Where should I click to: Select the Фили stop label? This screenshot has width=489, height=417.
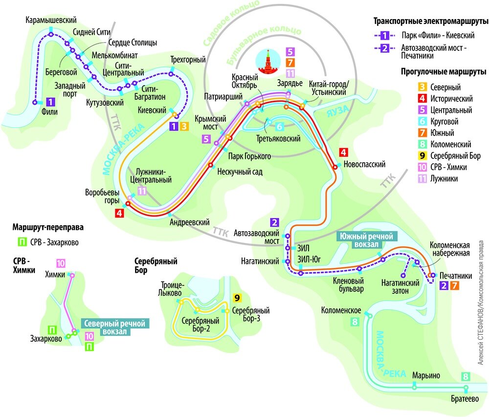pyautogui.click(x=50, y=111)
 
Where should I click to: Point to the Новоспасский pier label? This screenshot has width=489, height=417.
pyautogui.click(x=365, y=164)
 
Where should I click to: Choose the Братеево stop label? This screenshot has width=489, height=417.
pyautogui.click(x=465, y=398)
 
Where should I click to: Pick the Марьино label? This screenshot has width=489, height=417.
pyautogui.click(x=426, y=375)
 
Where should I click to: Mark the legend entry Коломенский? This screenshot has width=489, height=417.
pyautogui.click(x=450, y=144)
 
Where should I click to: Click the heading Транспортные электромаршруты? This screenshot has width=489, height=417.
pyautogui.click(x=431, y=22)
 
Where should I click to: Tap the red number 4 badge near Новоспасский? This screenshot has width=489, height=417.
pyautogui.click(x=343, y=152)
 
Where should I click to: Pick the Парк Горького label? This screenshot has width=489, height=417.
pyautogui.click(x=249, y=156)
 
